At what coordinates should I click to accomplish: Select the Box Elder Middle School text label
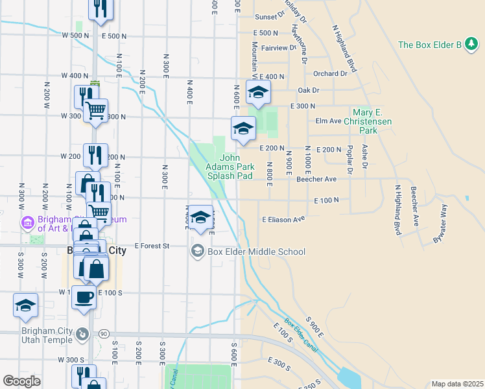(256, 252)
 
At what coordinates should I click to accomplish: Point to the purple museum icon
(27, 223)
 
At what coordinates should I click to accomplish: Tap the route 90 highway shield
(103, 333)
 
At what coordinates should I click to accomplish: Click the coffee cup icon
(84, 297)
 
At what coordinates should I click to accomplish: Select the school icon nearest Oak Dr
(258, 93)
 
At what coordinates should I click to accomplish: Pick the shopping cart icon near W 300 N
(95, 110)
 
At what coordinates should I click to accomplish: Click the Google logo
(21, 381)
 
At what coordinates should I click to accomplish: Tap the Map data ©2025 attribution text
(456, 384)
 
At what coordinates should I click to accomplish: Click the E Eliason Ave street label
(283, 220)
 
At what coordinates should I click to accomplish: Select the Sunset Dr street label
(270, 17)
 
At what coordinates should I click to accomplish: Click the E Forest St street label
(152, 246)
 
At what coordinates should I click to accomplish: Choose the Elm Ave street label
(327, 121)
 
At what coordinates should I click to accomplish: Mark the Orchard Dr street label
(330, 74)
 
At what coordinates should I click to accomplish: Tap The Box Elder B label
(438, 45)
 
